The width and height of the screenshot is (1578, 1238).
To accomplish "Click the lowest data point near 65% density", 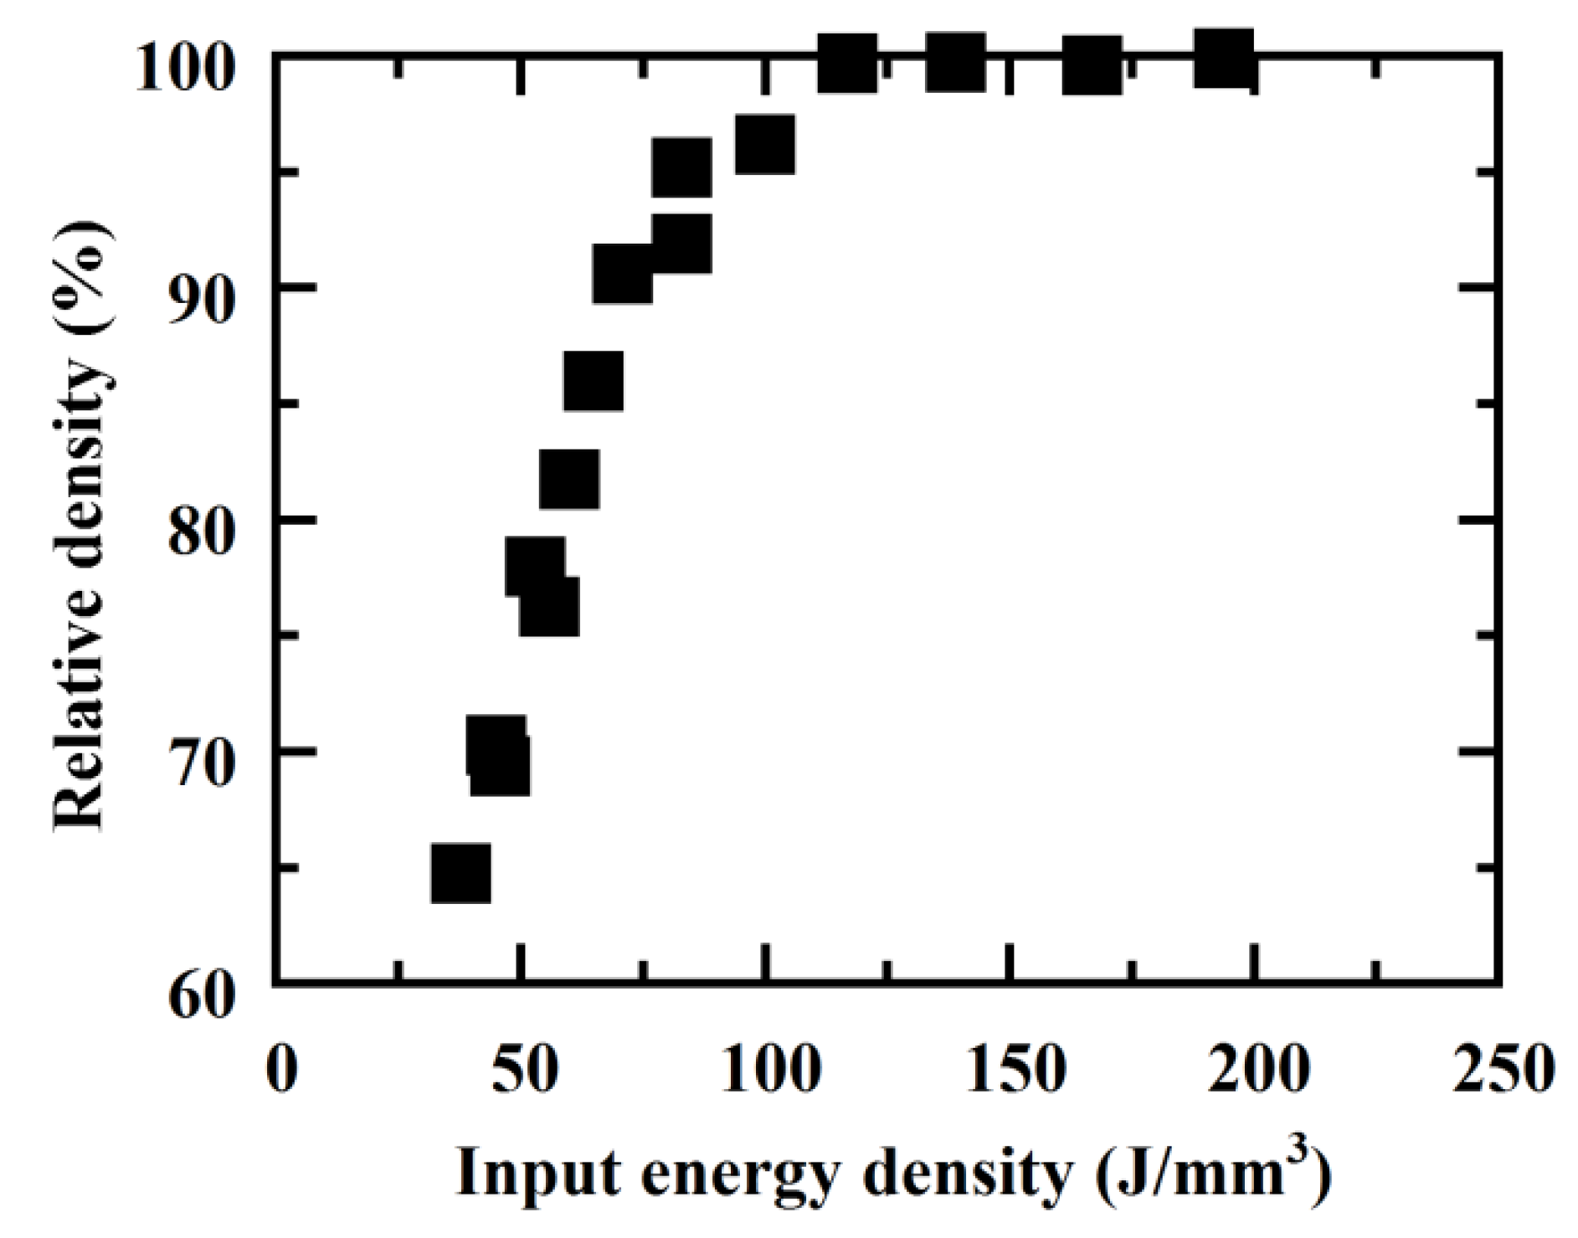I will coord(460,873).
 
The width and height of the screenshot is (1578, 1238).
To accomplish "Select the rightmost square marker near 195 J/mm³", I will coord(1225,60).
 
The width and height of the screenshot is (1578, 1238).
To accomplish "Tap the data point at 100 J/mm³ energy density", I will coord(764,145).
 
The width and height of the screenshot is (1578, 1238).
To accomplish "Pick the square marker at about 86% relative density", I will coord(594,381).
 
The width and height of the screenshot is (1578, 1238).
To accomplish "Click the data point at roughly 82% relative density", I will coord(569,479).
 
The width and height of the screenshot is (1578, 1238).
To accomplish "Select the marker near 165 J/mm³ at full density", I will coord(1092,64).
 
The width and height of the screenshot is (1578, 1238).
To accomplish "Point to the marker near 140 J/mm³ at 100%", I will coord(955,62).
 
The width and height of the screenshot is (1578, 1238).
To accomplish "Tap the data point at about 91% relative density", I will coord(622,274).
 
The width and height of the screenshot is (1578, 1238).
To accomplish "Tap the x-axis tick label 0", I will coord(282,1069).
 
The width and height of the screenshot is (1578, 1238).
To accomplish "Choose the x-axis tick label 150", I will coord(1015,1069).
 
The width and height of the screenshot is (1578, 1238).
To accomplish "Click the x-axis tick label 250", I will coord(1503,1069).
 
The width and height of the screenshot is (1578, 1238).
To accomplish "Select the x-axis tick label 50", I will coord(525,1069).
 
